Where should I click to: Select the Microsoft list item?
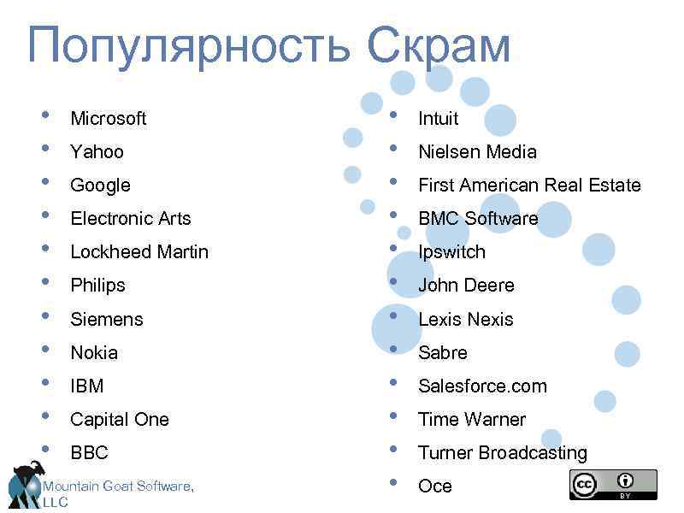coord(108,118)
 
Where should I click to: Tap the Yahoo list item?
coord(97,151)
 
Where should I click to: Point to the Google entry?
coord(100,185)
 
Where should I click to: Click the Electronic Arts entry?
coord(130,218)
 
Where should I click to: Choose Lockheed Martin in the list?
coord(139,251)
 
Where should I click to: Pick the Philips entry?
coord(97,285)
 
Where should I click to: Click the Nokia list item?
coord(94,352)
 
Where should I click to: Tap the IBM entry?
coord(86,386)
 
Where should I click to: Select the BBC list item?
coord(89,452)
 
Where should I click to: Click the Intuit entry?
coord(438,118)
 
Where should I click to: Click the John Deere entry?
coord(466,285)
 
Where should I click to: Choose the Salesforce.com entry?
coord(482,386)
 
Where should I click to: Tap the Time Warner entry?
coord(471,419)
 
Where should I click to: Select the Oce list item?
coord(434,486)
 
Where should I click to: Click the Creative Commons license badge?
coord(613,485)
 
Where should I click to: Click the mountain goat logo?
coord(27,482)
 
